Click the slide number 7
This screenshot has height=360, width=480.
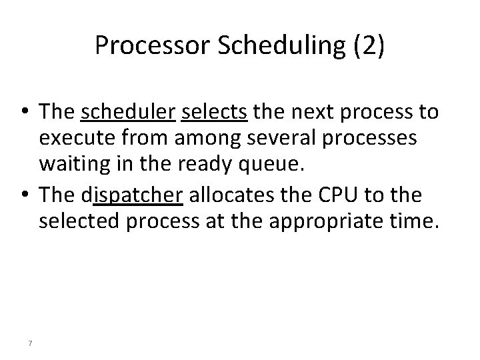(x=31, y=343)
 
